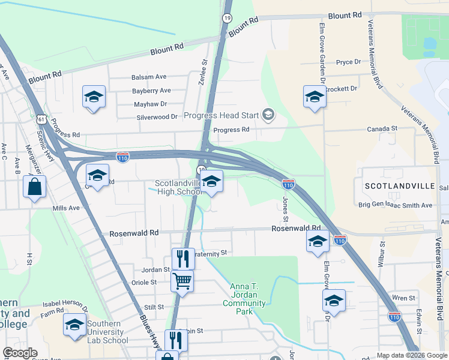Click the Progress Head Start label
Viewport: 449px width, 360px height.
point(221,115)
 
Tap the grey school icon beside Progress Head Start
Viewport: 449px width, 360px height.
point(268,115)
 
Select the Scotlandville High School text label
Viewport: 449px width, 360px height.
point(178,187)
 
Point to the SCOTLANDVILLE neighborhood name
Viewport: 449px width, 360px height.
point(399,187)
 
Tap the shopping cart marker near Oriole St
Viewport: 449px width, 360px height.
point(182,281)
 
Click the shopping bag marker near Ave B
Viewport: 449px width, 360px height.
point(35,186)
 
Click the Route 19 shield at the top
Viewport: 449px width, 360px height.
point(227,19)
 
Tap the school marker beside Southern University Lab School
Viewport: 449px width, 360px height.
point(74,325)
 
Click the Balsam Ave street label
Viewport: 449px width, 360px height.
point(149,77)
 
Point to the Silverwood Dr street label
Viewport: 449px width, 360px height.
point(157,118)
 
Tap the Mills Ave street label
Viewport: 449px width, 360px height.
point(66,208)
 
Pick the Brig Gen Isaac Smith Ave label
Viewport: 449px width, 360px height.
point(395,205)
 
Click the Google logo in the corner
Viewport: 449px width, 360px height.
point(19,353)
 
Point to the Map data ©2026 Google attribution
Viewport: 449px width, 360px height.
point(411,355)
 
